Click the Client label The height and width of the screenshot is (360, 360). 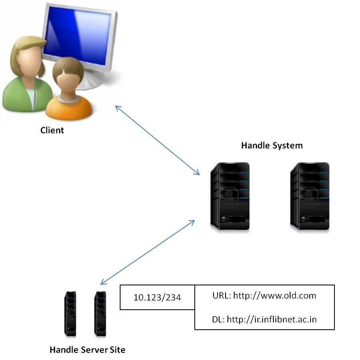pos(52,130)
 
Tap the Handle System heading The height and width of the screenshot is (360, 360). pos(272,145)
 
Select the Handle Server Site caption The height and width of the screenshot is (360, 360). pos(87,350)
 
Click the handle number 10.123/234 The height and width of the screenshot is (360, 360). pos(157,298)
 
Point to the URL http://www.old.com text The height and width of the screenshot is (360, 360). pos(264,296)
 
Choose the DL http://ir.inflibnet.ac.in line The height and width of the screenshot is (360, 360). pos(264,319)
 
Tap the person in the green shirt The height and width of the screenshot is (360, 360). pos(24,76)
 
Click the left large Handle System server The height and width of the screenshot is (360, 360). pos(230,196)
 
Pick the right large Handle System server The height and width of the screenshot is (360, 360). pos(310,196)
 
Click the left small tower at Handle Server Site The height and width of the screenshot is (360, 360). pos(70,313)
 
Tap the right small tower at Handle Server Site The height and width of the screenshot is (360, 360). pos(100,313)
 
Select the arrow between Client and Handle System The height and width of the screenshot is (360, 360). pos(157,140)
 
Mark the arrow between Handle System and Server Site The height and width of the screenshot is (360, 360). pos(148,252)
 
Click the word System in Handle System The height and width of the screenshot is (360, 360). pos(287,145)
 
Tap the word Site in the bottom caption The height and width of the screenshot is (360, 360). pos(117,350)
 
